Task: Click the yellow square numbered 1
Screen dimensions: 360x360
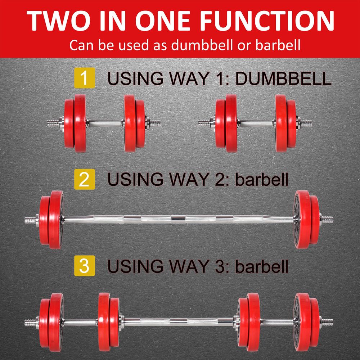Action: (x=84, y=78)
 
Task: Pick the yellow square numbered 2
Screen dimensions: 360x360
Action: (x=84, y=179)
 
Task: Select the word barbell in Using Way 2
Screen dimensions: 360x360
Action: (x=262, y=179)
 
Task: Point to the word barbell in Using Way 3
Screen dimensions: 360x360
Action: (x=262, y=267)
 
